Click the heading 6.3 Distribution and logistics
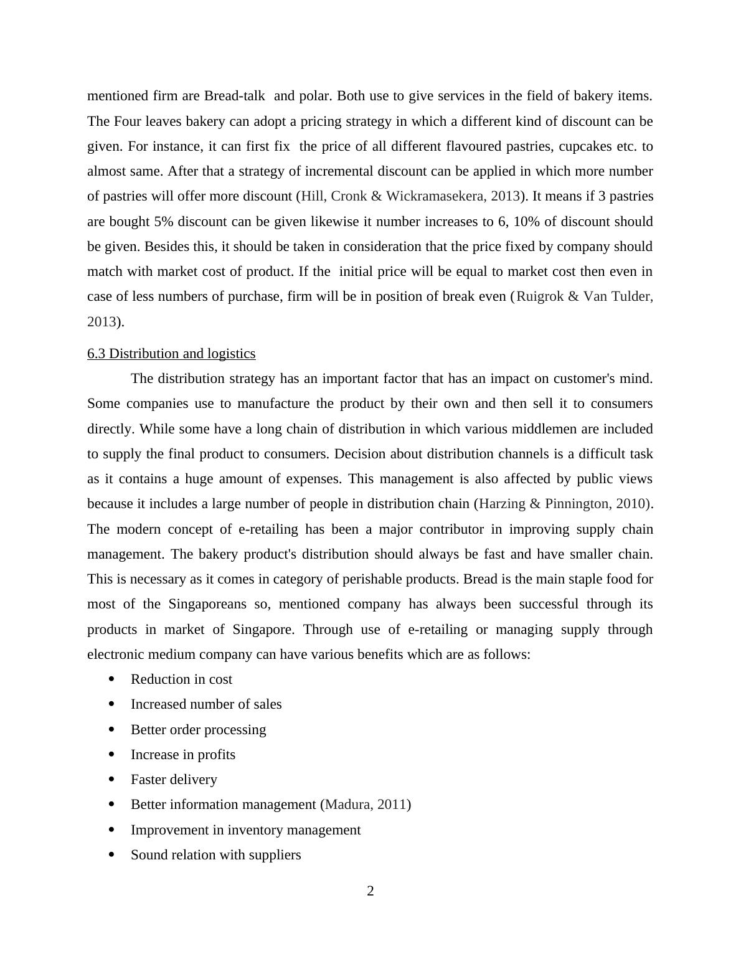click(x=171, y=354)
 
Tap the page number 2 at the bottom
click(x=370, y=891)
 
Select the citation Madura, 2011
click(x=366, y=805)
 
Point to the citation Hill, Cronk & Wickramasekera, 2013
click(x=410, y=196)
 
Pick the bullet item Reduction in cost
click(x=181, y=679)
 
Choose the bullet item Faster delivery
click(x=174, y=780)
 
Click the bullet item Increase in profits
click(x=183, y=755)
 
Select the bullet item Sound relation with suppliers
click(x=215, y=855)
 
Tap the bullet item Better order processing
click(x=198, y=730)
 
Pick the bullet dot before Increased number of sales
click(x=112, y=704)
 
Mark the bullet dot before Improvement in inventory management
click(x=112, y=830)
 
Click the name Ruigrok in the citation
click(x=540, y=296)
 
